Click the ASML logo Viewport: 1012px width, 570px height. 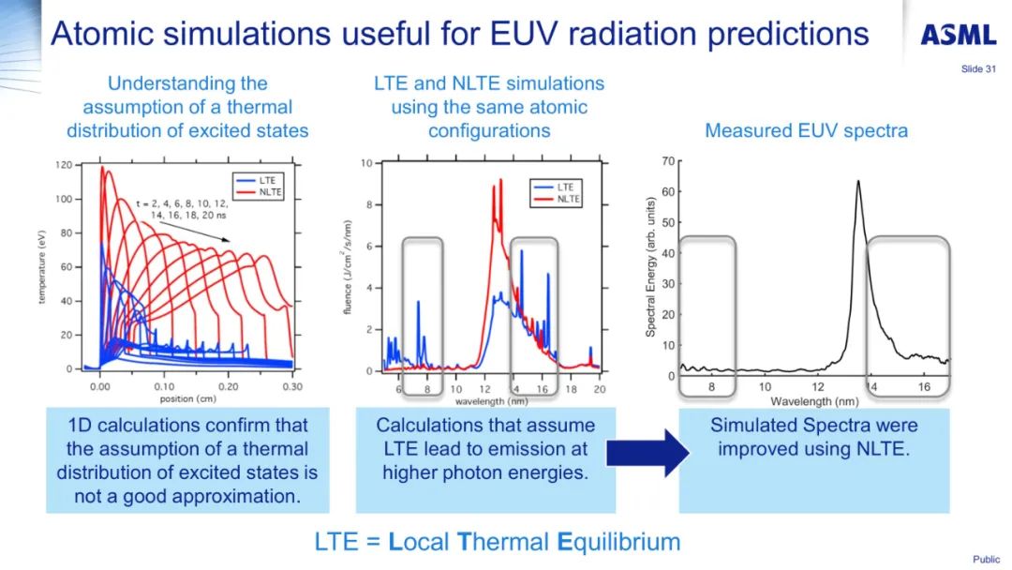[958, 36]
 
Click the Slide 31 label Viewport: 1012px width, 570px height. [977, 68]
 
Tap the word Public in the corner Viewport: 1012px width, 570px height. [986, 560]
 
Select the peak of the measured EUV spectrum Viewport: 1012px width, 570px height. [857, 182]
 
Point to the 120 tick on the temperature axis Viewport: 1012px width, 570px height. [63, 165]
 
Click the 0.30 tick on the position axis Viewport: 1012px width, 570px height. [293, 386]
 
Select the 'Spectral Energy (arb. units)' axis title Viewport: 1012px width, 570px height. [650, 267]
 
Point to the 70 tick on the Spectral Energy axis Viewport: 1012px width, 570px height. [668, 161]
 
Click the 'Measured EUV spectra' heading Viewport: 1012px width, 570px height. [806, 130]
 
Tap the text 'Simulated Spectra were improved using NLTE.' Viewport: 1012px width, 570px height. [813, 437]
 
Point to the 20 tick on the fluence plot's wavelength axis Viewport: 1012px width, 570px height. [599, 388]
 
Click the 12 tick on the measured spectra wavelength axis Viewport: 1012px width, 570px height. [817, 386]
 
